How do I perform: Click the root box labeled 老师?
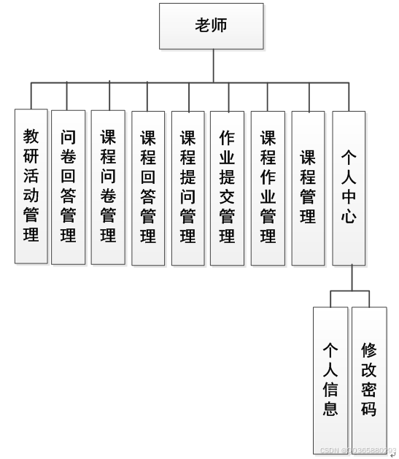pos(211,26)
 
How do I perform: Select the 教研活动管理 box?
pos(31,186)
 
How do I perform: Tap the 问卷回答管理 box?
pos(69,186)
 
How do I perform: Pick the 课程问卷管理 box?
pos(108,186)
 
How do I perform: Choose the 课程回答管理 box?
pos(148,186)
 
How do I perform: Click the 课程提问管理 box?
pos(188,186)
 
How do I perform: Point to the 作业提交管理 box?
pos(227,186)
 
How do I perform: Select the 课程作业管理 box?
pos(268,186)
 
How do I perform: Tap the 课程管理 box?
pos(308,186)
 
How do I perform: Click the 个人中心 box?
pos(349,186)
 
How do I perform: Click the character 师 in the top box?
pos(220,26)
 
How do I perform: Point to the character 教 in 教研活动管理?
pos(31,136)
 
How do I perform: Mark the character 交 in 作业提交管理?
pos(227,196)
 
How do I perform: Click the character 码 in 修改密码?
pos(369,409)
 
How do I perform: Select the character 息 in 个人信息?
pos(330,409)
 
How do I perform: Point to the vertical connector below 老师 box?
pos(214,66)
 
